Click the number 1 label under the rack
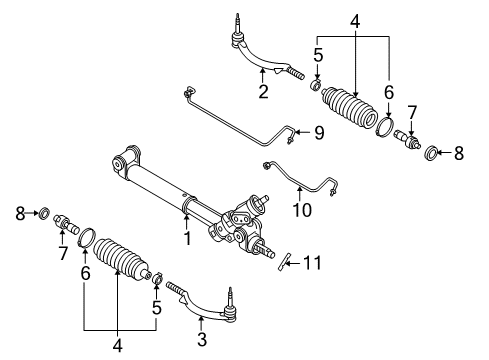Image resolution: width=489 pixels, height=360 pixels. pos(185,240)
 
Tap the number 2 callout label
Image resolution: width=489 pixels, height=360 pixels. pos(263,92)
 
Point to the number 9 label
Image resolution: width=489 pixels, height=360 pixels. pos(320,132)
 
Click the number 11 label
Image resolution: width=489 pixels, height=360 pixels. pos(313,263)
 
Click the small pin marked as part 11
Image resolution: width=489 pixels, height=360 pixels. pos(286,261)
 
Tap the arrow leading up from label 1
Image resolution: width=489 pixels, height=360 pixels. pos(185,221)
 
